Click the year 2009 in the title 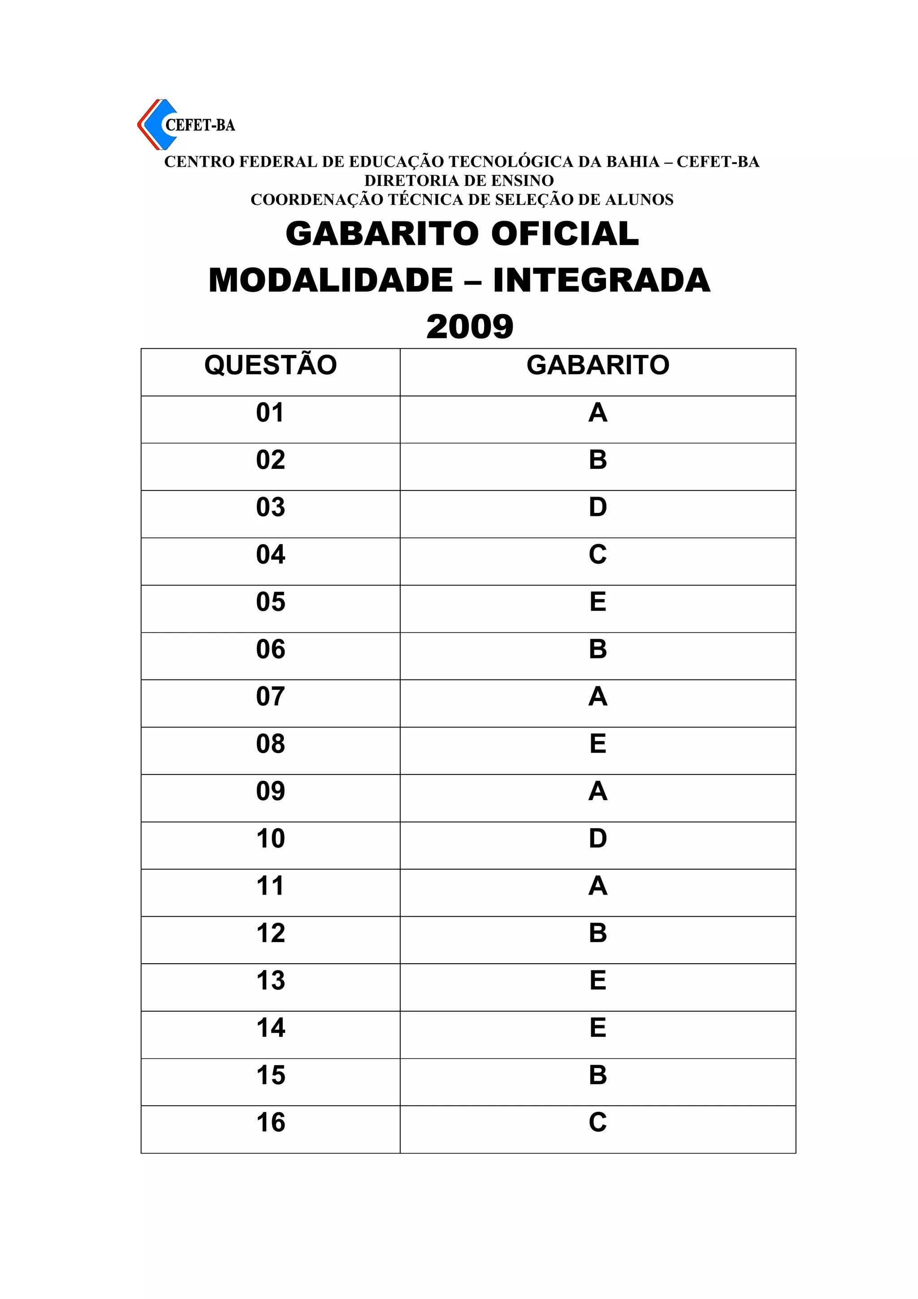coord(469,327)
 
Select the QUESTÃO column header coord(270,365)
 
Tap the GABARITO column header coord(598,365)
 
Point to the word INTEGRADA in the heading coord(601,281)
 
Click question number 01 coord(270,413)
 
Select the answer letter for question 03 coord(598,507)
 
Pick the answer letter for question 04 coord(598,555)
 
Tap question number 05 coord(270,602)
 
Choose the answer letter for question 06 coord(598,649)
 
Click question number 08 coord(270,744)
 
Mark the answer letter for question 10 coord(598,839)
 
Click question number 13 coord(270,980)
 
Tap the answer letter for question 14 coord(598,1028)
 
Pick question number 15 coord(270,1075)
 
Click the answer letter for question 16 coord(598,1122)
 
